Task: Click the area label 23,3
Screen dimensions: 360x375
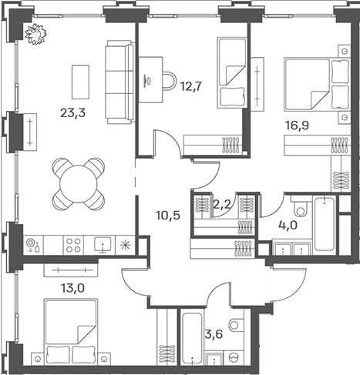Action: tap(72, 113)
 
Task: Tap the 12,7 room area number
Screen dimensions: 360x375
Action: tap(191, 87)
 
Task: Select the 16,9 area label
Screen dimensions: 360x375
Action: tap(298, 126)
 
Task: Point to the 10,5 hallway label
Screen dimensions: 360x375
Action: tap(168, 215)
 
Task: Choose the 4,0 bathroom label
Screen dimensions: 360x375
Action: tap(288, 226)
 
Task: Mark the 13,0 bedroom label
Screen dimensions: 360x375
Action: tap(72, 288)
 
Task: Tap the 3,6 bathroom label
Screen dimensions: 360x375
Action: tap(214, 334)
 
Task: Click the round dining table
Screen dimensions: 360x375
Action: tap(79, 184)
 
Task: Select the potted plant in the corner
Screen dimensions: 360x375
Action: tap(36, 34)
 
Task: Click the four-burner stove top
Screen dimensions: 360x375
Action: tap(74, 245)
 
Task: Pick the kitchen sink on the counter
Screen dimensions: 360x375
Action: tap(103, 245)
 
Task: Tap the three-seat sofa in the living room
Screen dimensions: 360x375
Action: tap(120, 82)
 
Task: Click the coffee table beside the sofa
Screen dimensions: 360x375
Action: tap(80, 82)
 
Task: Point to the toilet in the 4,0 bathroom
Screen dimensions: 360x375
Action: tap(300, 207)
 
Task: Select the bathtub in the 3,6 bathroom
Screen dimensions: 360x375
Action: tap(192, 336)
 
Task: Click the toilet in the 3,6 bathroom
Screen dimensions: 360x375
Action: tap(235, 325)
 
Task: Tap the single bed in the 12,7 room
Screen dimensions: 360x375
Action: tap(232, 72)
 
